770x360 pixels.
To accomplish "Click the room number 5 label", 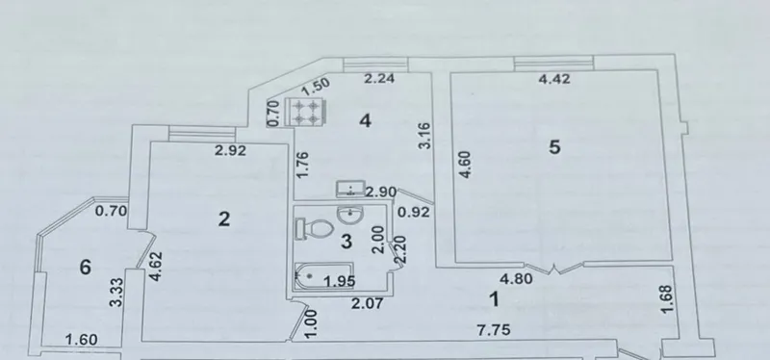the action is [554, 147].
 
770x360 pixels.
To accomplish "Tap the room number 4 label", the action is [365, 120].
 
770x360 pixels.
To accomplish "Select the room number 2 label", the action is [224, 219].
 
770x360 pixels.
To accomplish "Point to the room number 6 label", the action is [86, 268].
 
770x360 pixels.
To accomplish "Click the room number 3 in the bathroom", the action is [346, 242].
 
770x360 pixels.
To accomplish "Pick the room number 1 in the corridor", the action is [495, 298].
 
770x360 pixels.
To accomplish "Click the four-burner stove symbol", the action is [306, 113].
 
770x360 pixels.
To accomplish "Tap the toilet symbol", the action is [315, 229].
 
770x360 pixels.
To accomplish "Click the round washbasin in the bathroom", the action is [349, 213].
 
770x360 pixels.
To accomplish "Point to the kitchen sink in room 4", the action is [350, 189].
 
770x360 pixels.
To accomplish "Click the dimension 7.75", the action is [494, 330].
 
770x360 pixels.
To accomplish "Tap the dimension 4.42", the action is [554, 79].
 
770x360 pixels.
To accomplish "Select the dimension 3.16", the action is [425, 136].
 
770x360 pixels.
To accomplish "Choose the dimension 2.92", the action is [230, 150].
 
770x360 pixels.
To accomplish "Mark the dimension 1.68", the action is [667, 298].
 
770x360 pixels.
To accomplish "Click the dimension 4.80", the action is [516, 279].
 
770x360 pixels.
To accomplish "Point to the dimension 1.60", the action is [82, 340].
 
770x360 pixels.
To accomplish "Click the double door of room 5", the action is [554, 269].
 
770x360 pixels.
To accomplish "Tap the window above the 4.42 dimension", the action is [554, 62].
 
